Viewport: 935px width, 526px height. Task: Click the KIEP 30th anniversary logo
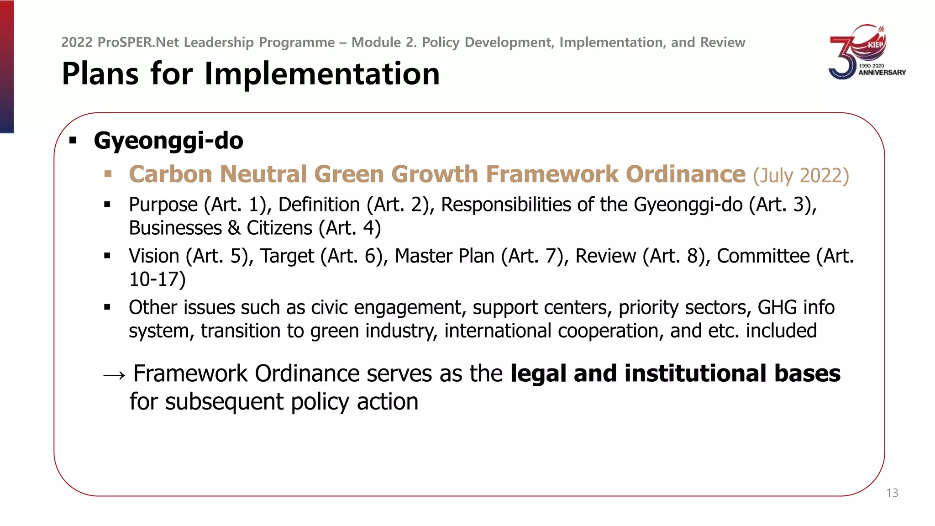867,52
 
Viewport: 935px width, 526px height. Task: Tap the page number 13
892,493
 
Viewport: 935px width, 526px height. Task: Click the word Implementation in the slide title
322,74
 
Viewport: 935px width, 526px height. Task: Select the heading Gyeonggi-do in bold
168,141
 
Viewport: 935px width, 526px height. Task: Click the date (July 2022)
801,176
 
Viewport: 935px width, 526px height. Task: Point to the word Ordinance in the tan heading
685,174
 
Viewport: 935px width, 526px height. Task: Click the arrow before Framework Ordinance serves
114,375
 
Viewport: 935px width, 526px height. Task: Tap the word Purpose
163,205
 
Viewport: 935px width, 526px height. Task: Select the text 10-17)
157,279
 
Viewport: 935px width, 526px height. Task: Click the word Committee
763,256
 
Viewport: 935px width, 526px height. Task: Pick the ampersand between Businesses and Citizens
234,228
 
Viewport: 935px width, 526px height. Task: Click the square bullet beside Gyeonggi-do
73,141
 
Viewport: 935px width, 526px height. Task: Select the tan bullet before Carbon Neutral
108,174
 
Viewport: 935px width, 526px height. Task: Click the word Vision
154,256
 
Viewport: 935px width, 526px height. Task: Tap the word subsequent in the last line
225,402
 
